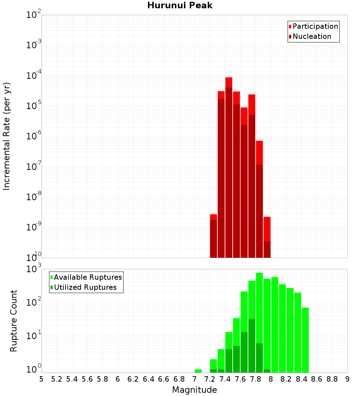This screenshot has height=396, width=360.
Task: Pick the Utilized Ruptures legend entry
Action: [x=85, y=287]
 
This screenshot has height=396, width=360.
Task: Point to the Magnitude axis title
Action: [x=194, y=390]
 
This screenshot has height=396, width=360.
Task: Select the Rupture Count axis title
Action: [x=14, y=321]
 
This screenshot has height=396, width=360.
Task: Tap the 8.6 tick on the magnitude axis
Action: [x=317, y=379]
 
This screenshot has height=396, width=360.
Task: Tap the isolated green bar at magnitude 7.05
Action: [x=198, y=371]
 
